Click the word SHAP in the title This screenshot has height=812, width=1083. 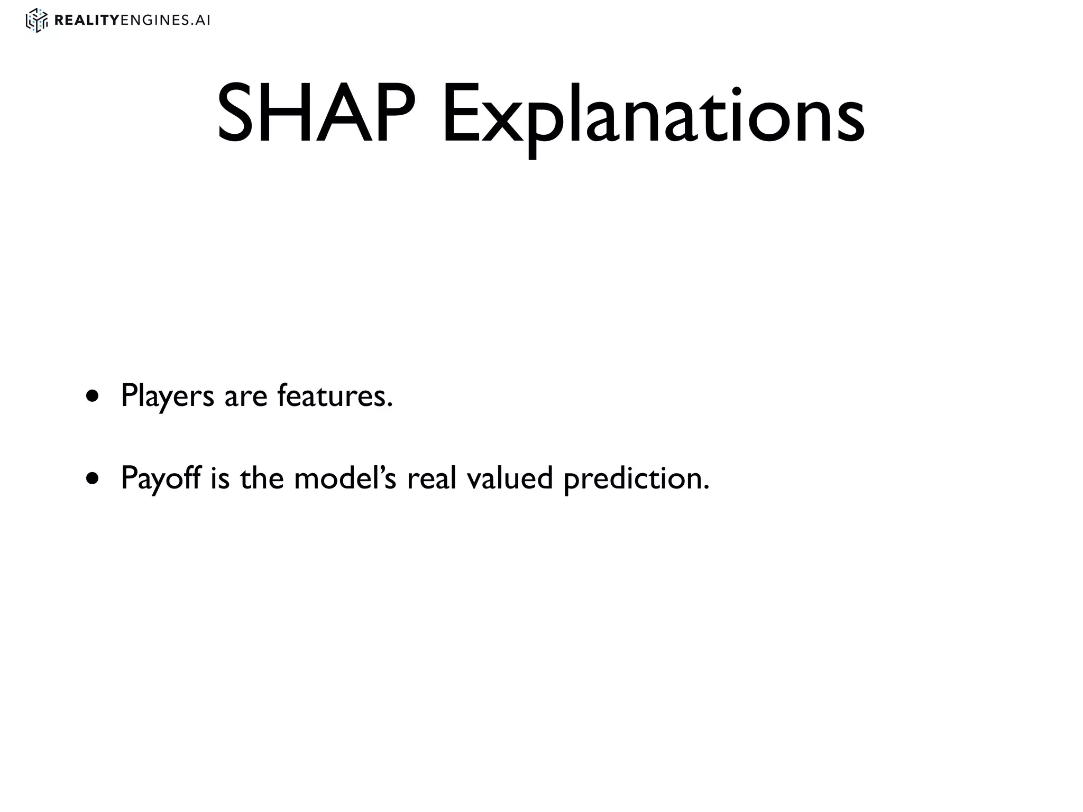point(316,115)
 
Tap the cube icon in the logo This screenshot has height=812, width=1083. point(36,21)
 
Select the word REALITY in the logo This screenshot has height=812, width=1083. point(87,21)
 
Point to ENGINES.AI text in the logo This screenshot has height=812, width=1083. point(166,21)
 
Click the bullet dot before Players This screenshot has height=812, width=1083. point(93,396)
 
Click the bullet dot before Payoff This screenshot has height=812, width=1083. point(93,479)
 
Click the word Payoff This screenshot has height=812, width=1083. point(161,478)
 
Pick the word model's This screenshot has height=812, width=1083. point(344,478)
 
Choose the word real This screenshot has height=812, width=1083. point(431,478)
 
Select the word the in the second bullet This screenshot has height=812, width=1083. point(262,478)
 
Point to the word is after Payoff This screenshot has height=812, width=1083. point(219,478)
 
